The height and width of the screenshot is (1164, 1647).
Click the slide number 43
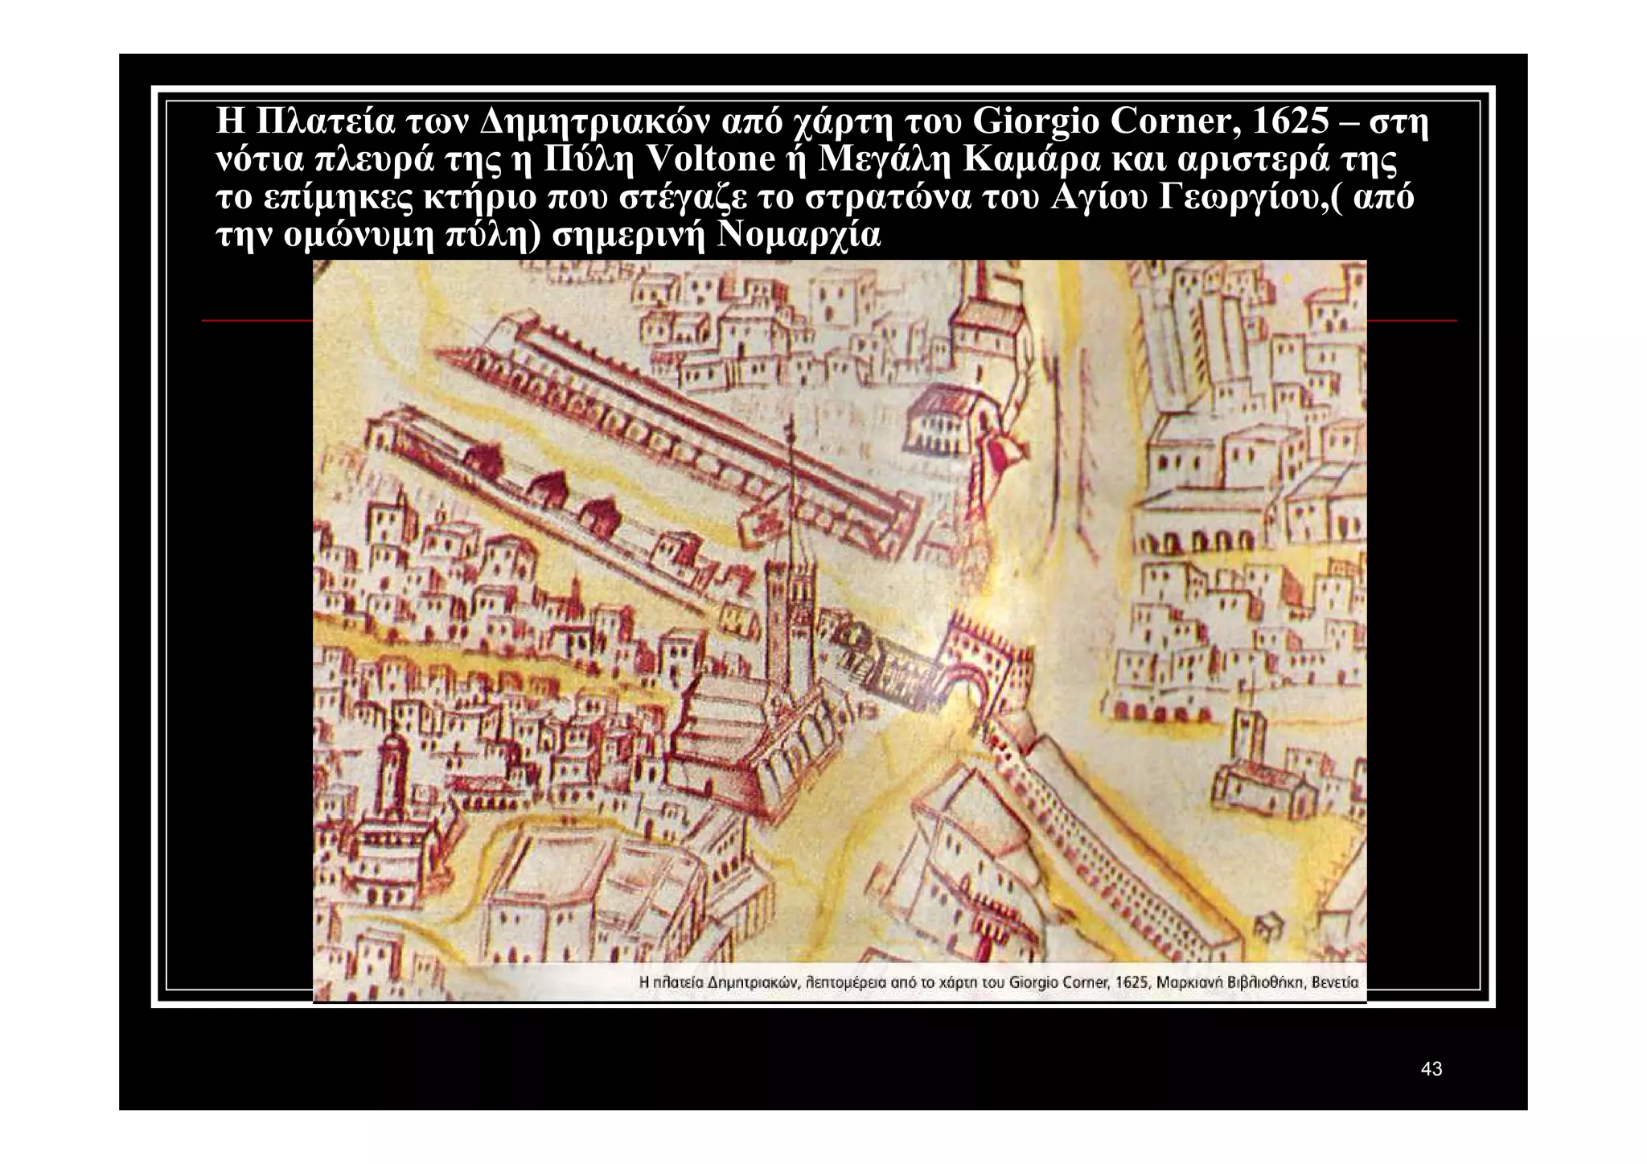tap(1431, 1069)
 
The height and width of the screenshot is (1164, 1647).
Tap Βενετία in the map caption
tap(1334, 982)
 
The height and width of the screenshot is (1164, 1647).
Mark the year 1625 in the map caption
tap(1132, 982)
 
